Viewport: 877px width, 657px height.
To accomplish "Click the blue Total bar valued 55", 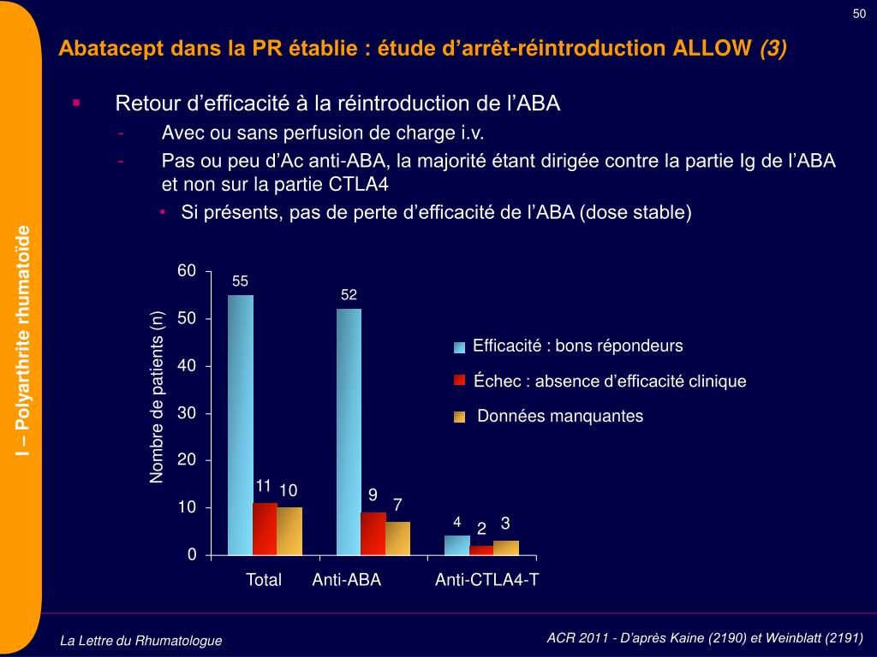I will tap(241, 425).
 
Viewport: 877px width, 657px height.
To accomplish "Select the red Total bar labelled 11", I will tap(265, 529).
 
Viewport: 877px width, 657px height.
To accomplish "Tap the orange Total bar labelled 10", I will tap(289, 531).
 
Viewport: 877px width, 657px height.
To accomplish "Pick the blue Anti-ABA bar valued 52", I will tap(349, 432).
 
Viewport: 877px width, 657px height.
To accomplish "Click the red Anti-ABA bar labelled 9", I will tap(373, 534).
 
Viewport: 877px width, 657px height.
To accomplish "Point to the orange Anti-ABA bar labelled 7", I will tap(397, 538).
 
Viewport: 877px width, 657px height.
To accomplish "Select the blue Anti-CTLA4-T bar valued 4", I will tap(457, 545).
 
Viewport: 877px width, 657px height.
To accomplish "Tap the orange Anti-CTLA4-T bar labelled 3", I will tap(506, 547).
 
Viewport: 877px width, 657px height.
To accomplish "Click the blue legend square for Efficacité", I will tap(460, 346).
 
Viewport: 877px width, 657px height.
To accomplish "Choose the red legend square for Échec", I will tap(460, 381).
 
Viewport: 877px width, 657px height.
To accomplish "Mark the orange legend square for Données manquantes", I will tap(460, 417).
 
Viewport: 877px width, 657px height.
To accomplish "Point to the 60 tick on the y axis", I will tap(187, 271).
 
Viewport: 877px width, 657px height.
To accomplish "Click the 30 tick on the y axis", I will tap(187, 413).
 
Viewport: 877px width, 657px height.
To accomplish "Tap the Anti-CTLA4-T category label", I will tap(486, 580).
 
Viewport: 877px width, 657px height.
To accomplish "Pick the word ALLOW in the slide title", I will tap(713, 48).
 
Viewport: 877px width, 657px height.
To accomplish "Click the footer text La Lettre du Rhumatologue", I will tap(141, 640).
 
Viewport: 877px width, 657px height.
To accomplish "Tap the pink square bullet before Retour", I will tap(76, 103).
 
